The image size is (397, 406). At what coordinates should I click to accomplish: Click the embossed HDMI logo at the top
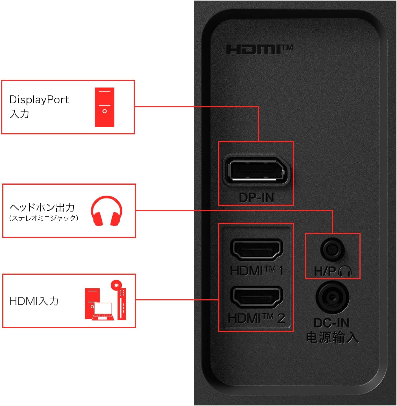(259, 50)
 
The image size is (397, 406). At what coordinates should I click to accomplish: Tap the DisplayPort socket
(256, 170)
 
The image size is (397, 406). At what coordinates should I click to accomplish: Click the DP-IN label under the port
(256, 197)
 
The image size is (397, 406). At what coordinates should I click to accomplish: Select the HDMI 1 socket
(256, 249)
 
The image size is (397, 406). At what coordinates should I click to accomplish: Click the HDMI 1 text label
(256, 270)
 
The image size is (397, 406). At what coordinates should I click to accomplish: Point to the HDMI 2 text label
(256, 318)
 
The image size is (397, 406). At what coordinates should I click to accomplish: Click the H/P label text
(325, 271)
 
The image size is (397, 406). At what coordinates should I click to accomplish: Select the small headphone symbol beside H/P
(345, 271)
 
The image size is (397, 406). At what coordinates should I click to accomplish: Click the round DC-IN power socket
(332, 297)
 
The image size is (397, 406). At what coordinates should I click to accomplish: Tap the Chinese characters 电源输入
(332, 337)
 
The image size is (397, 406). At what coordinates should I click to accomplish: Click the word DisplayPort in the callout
(39, 100)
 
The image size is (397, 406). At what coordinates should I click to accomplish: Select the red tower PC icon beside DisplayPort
(104, 107)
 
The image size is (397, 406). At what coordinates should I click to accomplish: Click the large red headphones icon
(106, 211)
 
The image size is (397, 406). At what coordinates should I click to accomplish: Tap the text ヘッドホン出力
(42, 207)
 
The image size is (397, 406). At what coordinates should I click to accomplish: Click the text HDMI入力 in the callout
(34, 301)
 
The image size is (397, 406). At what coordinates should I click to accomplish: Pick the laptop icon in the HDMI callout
(103, 311)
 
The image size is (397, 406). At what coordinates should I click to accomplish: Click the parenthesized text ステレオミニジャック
(44, 218)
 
